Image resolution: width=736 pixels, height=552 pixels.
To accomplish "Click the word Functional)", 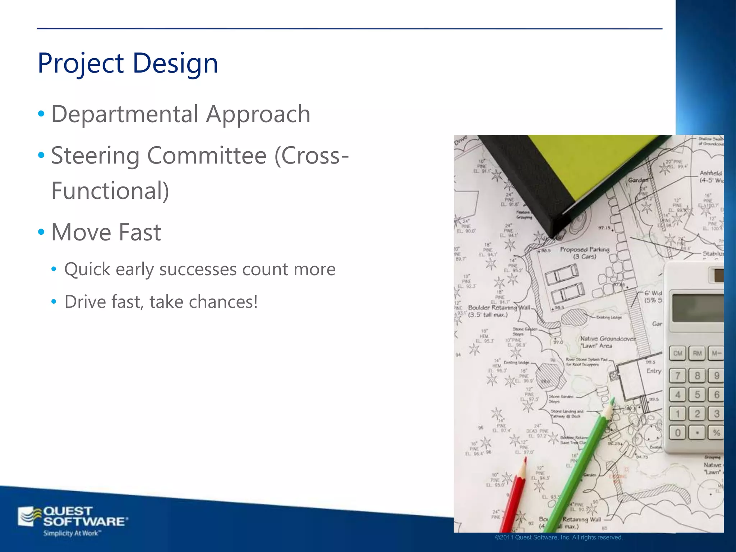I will click(x=110, y=190).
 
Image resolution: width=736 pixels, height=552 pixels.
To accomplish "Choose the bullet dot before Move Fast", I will click(x=41, y=232).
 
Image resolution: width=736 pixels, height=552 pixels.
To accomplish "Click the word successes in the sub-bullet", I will click(x=198, y=270).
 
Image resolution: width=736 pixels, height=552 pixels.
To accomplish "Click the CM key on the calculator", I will click(x=678, y=354).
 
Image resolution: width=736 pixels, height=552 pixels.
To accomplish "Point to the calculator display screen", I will click(x=697, y=308).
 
